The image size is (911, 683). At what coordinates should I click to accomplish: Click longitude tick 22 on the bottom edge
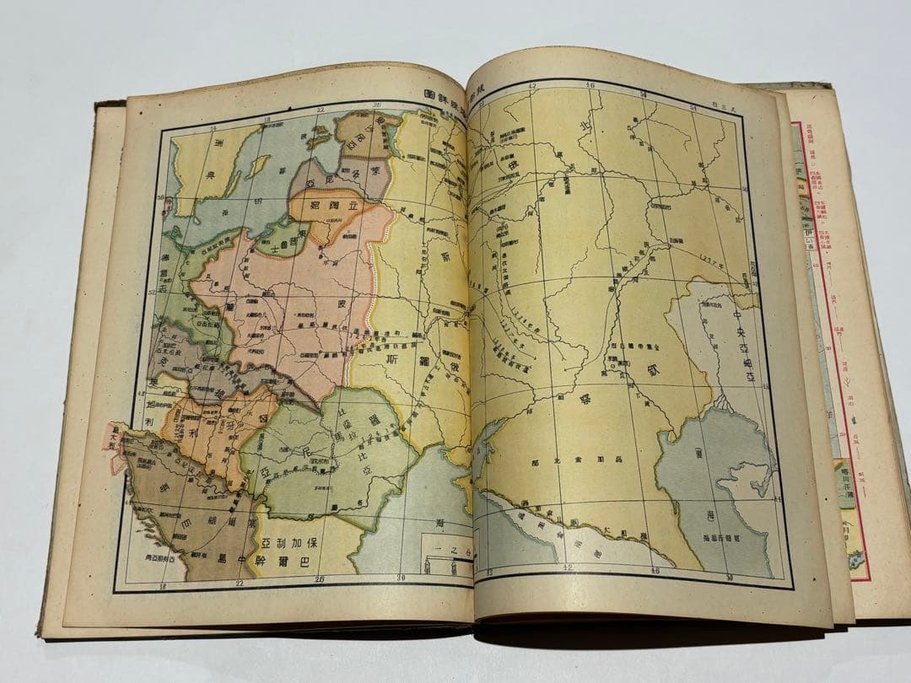[239, 581]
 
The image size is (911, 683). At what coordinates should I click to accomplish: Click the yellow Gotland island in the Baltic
[257, 165]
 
